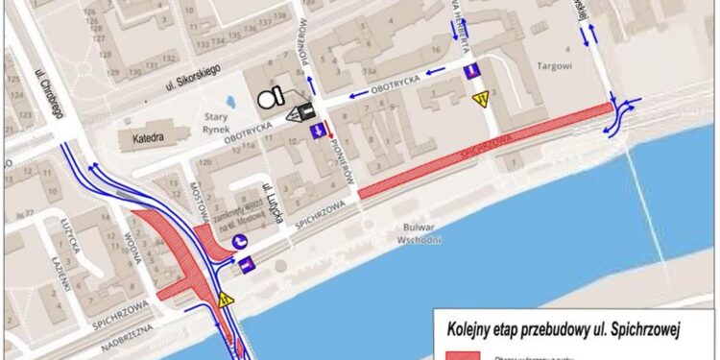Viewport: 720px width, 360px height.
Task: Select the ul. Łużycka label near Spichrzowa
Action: (x=273, y=203)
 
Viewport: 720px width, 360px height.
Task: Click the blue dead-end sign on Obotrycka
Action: (x=470, y=73)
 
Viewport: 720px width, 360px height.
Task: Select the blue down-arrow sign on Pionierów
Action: (x=317, y=131)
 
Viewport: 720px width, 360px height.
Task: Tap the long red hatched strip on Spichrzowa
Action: (x=484, y=153)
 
